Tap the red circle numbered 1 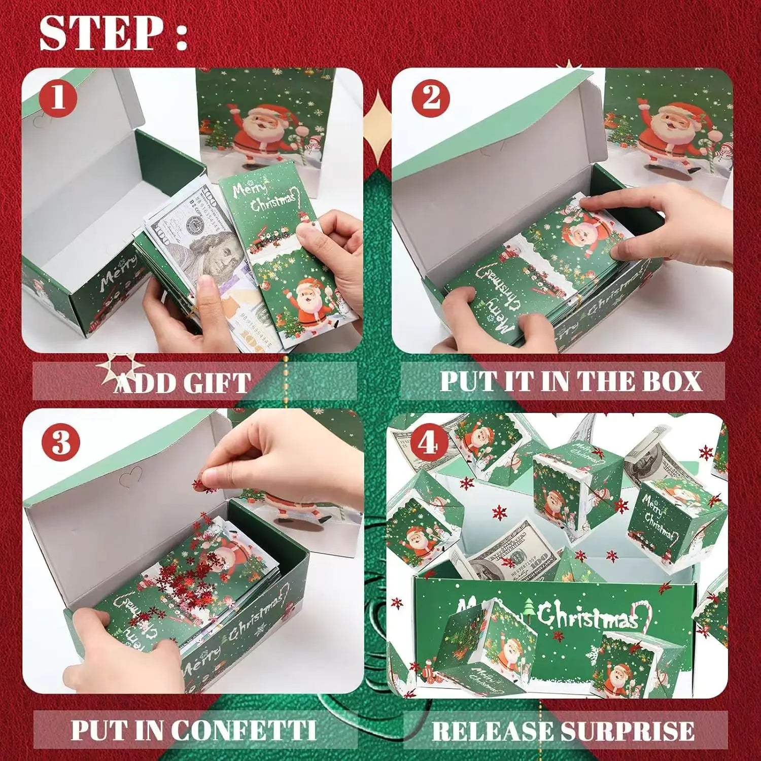click(58, 98)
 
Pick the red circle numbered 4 click(429, 444)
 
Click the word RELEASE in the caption click(479, 731)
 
